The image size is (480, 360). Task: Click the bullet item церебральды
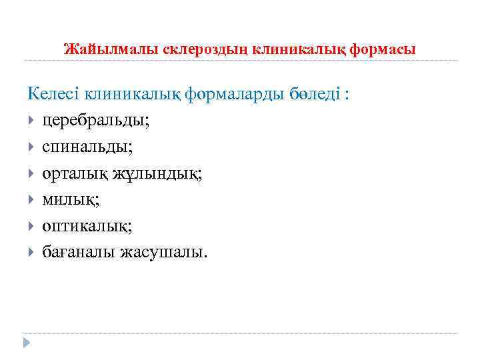click(87, 121)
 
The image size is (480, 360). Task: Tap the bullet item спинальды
click(83, 147)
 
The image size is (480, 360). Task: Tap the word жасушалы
click(164, 251)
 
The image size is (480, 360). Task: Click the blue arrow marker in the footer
click(27, 343)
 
